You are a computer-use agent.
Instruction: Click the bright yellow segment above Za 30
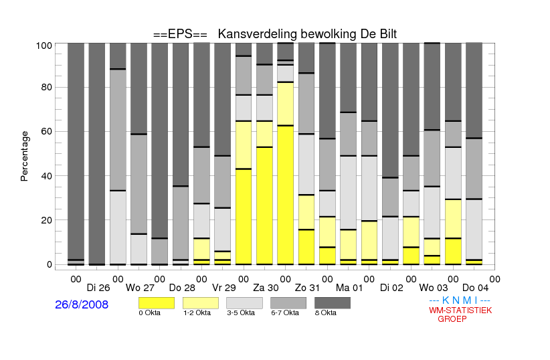click(x=264, y=205)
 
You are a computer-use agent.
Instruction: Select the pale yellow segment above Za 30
click(x=264, y=134)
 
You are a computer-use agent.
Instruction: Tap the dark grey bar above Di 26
click(x=97, y=154)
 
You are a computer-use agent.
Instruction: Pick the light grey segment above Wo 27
click(x=139, y=249)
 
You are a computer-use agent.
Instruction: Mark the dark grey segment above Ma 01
click(x=349, y=78)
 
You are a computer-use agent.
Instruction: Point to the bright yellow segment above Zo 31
click(x=306, y=247)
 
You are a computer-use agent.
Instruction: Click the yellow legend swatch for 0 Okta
click(x=157, y=303)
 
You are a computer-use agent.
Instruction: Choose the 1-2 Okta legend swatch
click(x=201, y=303)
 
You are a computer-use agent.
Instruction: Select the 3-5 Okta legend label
click(x=241, y=313)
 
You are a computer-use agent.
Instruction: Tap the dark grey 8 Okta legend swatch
click(x=333, y=303)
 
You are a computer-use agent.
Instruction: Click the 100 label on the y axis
click(x=44, y=46)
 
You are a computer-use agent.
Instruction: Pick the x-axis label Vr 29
click(x=224, y=288)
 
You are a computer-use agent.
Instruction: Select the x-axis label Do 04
click(x=475, y=288)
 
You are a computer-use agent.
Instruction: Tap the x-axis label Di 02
click(x=391, y=288)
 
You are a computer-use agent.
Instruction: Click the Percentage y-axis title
click(x=24, y=156)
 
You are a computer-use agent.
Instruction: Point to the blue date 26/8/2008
click(x=82, y=304)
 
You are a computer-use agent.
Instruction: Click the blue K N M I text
click(x=460, y=300)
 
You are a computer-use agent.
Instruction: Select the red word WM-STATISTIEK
click(x=460, y=310)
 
